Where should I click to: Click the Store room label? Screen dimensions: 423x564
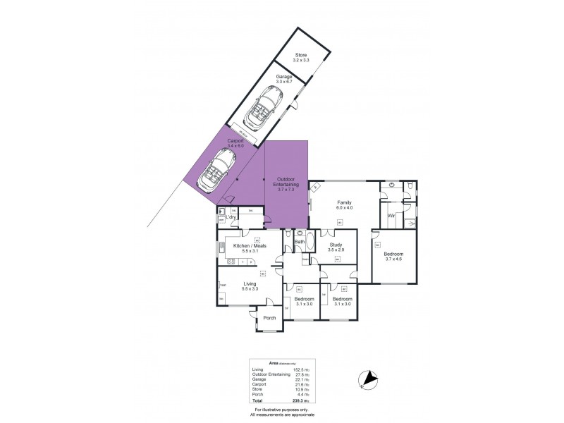(302, 54)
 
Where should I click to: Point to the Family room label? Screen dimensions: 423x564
(343, 203)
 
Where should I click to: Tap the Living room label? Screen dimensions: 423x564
(231, 283)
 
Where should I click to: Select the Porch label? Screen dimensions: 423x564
(269, 318)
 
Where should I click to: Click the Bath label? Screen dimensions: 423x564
(299, 242)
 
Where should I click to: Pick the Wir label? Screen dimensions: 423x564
(391, 215)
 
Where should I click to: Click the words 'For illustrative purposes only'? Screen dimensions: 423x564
(281, 409)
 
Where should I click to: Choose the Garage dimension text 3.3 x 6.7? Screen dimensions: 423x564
(284, 81)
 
